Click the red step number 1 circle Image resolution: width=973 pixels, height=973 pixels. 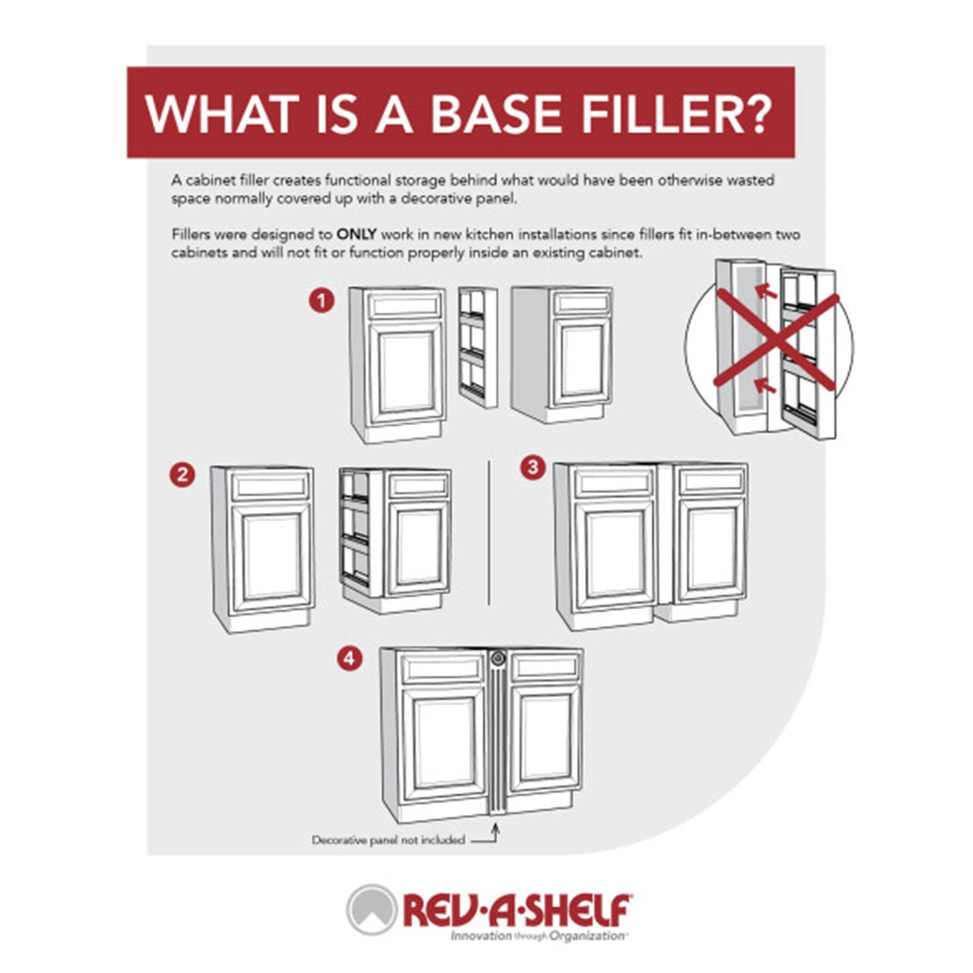321,301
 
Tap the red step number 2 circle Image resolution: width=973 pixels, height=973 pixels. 182,475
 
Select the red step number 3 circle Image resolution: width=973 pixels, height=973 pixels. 533,467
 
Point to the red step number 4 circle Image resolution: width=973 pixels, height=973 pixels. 349,659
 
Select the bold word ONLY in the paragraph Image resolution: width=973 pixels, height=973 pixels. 356,234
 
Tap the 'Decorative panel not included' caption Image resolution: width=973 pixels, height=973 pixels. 388,840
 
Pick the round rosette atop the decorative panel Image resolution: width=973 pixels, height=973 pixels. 498,658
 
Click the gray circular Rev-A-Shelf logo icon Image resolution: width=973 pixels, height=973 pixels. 371,909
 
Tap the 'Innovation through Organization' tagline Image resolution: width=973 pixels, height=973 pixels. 538,936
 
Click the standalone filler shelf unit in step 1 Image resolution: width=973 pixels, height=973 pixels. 478,347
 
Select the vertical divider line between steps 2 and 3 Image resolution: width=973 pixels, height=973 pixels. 488,532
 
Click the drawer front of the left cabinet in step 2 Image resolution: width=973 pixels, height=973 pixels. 271,485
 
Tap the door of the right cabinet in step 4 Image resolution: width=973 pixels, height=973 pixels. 544,736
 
